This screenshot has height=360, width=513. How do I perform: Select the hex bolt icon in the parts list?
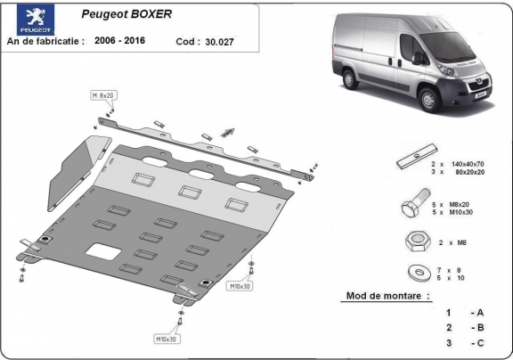pos(411,208)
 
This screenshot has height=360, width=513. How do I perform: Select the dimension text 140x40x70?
pos(468,165)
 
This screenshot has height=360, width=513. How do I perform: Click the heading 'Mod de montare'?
pos(387,295)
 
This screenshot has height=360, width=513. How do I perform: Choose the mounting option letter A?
pos(479,313)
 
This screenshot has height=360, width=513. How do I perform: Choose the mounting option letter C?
pos(479,343)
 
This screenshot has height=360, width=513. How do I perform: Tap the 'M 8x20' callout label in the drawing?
pos(103,94)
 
